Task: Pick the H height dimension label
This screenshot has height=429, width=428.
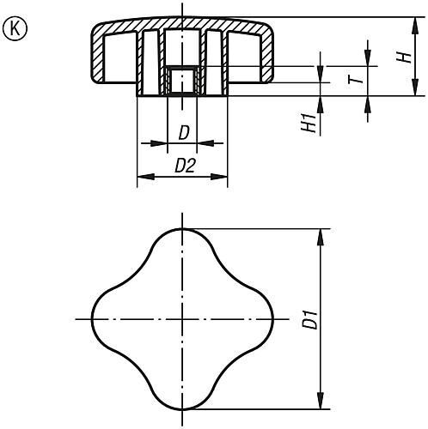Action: (x=400, y=57)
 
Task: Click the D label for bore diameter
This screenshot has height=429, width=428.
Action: (x=182, y=133)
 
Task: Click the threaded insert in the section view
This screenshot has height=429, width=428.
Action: (x=182, y=81)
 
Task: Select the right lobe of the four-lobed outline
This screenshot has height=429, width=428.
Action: (x=262, y=319)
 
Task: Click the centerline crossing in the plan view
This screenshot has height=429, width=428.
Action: (x=182, y=319)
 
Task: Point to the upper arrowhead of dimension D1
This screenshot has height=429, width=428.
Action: (x=322, y=234)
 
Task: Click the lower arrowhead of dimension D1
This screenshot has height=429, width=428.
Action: (x=322, y=403)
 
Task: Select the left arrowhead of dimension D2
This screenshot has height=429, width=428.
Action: (x=143, y=178)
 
